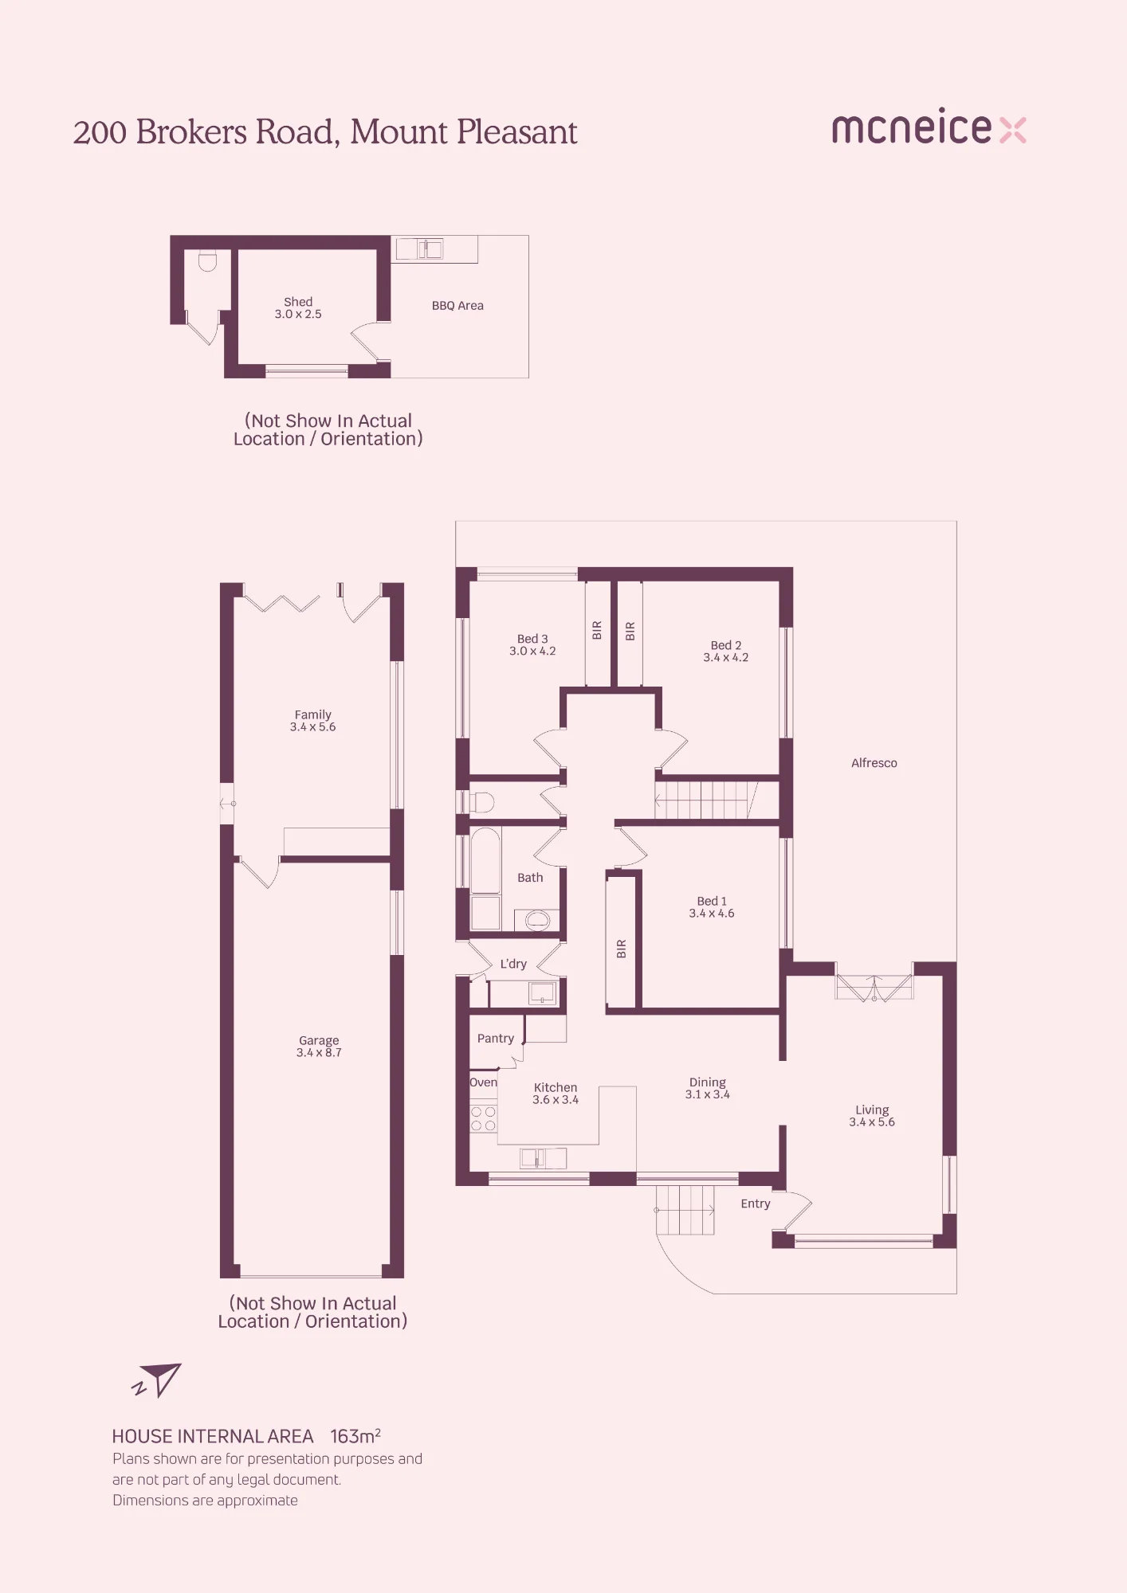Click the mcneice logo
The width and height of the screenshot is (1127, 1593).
[x=929, y=127]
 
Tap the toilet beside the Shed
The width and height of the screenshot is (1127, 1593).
[x=207, y=261]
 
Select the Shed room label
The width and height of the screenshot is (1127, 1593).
[x=298, y=308]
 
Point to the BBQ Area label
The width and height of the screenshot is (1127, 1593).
[x=457, y=306]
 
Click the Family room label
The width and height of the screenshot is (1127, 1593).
[x=312, y=721]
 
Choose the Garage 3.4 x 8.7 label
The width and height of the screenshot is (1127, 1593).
[x=319, y=1047]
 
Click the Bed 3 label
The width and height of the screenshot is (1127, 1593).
[x=532, y=645]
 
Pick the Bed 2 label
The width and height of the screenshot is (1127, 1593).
[x=726, y=652]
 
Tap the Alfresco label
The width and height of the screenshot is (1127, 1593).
[x=874, y=763]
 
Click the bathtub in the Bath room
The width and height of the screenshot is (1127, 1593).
[x=485, y=860]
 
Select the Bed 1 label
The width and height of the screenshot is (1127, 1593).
[x=712, y=907]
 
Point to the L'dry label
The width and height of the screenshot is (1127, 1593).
[x=513, y=964]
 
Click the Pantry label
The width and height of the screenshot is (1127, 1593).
[x=496, y=1039]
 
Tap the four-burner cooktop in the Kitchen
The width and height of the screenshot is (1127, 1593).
[x=483, y=1118]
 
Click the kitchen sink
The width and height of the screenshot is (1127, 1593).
[x=543, y=1158]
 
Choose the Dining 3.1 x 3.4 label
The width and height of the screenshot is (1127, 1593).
[x=708, y=1088]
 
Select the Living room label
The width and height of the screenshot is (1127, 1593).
[x=872, y=1116]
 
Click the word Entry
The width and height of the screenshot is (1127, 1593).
[x=756, y=1204]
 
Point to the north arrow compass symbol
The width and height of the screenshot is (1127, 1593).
[x=157, y=1380]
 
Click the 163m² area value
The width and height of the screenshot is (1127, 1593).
[x=355, y=1436]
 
